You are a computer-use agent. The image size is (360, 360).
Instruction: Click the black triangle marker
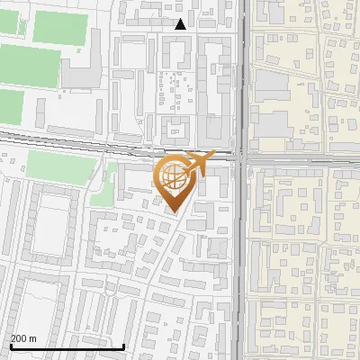pyautogui.click(x=181, y=24)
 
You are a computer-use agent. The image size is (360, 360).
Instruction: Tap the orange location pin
pyautogui.click(x=173, y=181)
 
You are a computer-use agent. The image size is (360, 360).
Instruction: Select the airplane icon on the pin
pyautogui.click(x=201, y=162)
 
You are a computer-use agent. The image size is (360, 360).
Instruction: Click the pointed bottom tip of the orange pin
pyautogui.click(x=173, y=211)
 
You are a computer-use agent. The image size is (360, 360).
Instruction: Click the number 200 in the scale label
pyautogui.click(x=19, y=337)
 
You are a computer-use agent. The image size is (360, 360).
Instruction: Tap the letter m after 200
pyautogui.click(x=33, y=337)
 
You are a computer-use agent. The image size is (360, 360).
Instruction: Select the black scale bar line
pyautogui.click(x=67, y=346)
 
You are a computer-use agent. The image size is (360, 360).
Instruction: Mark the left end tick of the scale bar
pyautogui.click(x=10, y=344)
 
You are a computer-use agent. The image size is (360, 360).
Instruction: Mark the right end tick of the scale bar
pyautogui.click(x=123, y=344)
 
